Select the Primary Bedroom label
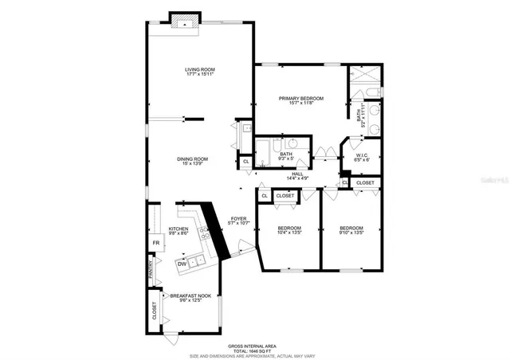click(x=300, y=100)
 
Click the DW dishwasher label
click(x=182, y=264)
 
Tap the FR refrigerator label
click(x=156, y=243)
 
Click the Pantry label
click(x=150, y=270)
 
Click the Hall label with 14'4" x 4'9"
click(x=297, y=176)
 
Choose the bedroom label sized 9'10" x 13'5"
click(x=351, y=230)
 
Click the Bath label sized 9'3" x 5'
click(x=286, y=156)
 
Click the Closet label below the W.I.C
click(x=365, y=182)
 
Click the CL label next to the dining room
click(x=245, y=162)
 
